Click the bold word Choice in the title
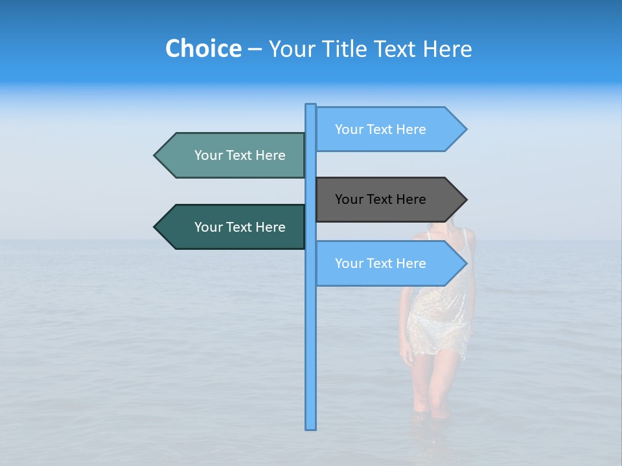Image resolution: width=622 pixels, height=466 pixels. (x=203, y=49)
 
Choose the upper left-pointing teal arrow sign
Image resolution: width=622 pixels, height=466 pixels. (x=233, y=155)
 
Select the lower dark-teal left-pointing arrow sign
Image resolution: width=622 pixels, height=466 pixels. (x=233, y=227)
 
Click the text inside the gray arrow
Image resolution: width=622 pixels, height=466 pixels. (x=380, y=199)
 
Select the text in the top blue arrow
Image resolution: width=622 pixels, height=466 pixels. (x=380, y=129)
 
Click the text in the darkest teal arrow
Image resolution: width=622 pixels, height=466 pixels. (x=240, y=227)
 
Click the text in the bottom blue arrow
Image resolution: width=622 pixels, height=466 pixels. (x=380, y=263)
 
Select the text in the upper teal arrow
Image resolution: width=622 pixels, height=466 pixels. (x=240, y=155)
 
